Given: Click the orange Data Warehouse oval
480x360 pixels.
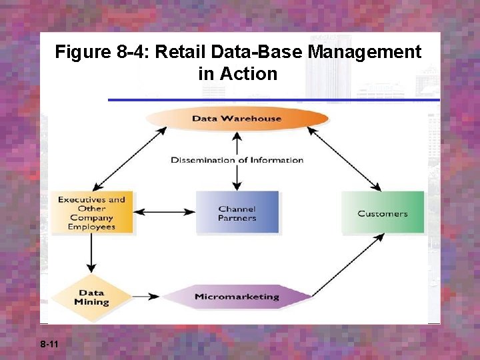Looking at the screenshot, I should pyautogui.click(x=237, y=119).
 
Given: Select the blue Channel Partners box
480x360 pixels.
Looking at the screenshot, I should pyautogui.click(x=237, y=213).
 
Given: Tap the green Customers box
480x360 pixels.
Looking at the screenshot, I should pyautogui.click(x=383, y=213).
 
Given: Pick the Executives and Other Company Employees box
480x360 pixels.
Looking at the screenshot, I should pyautogui.click(x=92, y=213).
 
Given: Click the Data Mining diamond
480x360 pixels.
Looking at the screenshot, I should pyautogui.click(x=91, y=297).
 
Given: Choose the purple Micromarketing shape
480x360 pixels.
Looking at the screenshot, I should pyautogui.click(x=237, y=297).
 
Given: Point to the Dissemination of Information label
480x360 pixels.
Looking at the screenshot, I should pyautogui.click(x=237, y=160).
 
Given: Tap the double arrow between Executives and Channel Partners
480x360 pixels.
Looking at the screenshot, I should pyautogui.click(x=164, y=213).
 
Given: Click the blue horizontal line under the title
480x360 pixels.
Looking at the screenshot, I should pyautogui.click(x=273, y=100).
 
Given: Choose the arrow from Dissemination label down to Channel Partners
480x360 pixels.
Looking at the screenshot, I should pyautogui.click(x=237, y=177).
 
